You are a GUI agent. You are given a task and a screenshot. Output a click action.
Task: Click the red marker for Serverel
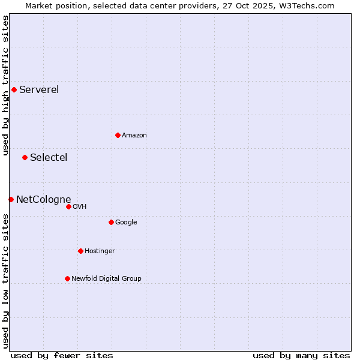[14, 90]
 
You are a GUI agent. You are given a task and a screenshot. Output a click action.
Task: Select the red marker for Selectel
[25, 158]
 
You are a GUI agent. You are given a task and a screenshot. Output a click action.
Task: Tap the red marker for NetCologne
[11, 199]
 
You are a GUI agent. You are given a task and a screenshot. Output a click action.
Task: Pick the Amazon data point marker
[118, 136]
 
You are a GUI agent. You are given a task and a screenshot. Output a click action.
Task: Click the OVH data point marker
[68, 207]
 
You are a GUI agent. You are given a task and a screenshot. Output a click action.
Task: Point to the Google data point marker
[111, 223]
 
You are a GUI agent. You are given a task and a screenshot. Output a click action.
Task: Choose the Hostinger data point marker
[80, 251]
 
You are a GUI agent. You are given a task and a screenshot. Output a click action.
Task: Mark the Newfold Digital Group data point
[67, 279]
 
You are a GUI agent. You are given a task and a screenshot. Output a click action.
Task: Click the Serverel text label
[39, 90]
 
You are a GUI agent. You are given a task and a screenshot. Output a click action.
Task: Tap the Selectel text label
[49, 158]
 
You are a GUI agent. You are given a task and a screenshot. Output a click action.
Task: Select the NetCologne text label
[44, 199]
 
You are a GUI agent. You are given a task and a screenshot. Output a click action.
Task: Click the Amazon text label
[134, 136]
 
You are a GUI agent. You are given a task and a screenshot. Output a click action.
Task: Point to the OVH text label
[80, 207]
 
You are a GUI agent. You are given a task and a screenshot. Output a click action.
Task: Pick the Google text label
[126, 223]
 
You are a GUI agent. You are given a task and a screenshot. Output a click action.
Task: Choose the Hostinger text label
[100, 251]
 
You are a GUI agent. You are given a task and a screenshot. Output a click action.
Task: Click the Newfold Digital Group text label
[106, 279]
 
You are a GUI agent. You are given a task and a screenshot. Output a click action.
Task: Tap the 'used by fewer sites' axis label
[62, 355]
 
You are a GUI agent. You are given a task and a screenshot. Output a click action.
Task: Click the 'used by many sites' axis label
[301, 355]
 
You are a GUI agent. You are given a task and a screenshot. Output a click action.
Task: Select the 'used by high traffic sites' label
[5, 85]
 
